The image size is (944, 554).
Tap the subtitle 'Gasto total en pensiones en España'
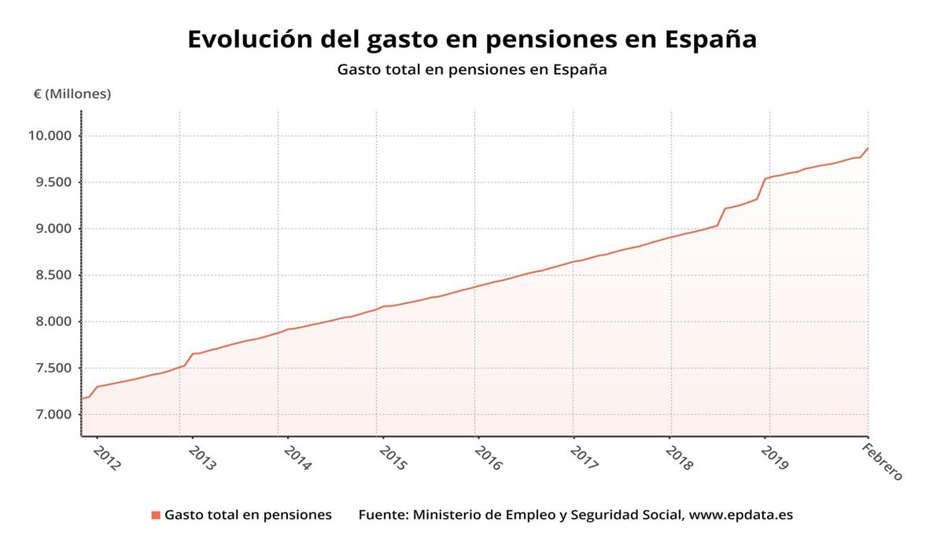[472, 69]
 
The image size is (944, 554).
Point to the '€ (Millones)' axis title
[72, 94]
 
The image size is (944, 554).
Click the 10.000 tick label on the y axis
[50, 136]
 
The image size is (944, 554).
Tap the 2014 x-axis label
[297, 458]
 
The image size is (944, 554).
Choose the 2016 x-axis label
[488, 458]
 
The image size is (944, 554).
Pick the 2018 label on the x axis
[678, 458]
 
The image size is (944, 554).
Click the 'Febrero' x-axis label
[882, 461]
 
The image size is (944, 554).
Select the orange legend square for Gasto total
[156, 515]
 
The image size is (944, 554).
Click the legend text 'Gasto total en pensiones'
[248, 515]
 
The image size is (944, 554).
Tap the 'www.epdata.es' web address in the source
[743, 515]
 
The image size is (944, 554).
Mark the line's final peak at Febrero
[868, 148]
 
